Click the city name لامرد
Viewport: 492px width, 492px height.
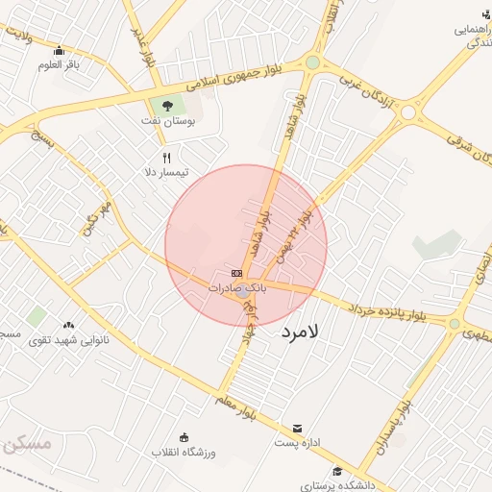coord(305,332)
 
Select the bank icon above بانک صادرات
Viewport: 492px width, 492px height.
coord(236,273)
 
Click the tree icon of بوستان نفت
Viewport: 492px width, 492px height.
coord(168,105)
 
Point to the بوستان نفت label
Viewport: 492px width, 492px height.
coord(174,124)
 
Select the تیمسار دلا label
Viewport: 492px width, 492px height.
coord(166,172)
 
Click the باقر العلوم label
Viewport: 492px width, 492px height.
coord(57,65)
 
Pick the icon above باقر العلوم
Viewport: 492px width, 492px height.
coord(59,50)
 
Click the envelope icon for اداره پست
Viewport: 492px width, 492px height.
coord(297,428)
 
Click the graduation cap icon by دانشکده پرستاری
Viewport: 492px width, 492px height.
coord(337,471)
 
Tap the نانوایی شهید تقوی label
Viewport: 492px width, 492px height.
coord(68,340)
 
